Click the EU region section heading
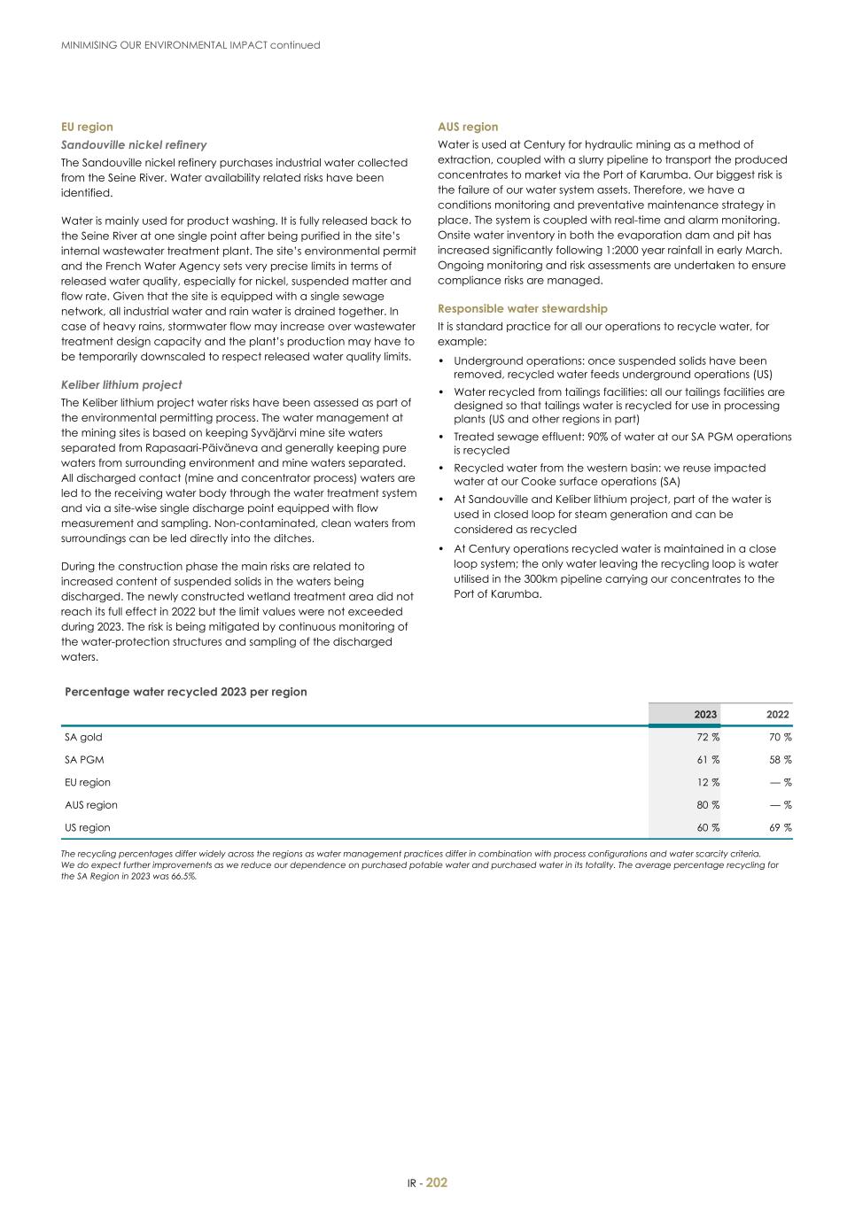point(87,127)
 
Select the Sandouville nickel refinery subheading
point(134,144)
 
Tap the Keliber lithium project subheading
point(121,384)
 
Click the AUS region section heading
point(468,127)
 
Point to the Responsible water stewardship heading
point(523,308)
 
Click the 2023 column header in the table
point(705,715)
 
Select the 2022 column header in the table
point(777,715)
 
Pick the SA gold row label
point(83,737)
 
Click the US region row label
point(87,827)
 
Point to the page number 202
point(437,1182)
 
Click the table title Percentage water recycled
point(186,692)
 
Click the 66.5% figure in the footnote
point(183,876)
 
